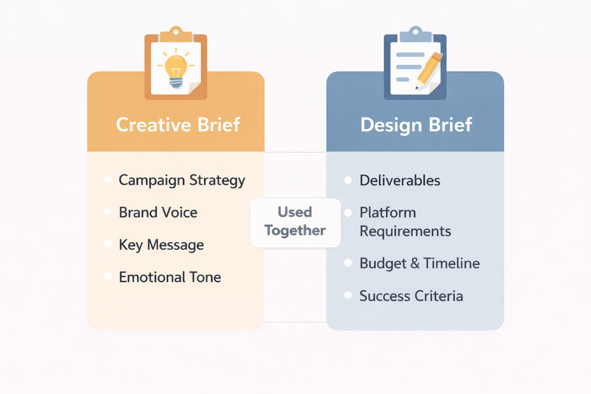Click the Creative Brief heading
(178, 125)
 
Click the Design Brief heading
(416, 125)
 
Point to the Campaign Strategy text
(182, 180)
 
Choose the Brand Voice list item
(158, 213)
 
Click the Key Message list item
(161, 245)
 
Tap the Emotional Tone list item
(170, 277)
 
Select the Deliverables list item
(400, 180)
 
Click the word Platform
(388, 213)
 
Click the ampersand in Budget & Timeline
(415, 263)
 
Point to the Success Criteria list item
(411, 296)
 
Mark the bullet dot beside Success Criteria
(348, 295)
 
